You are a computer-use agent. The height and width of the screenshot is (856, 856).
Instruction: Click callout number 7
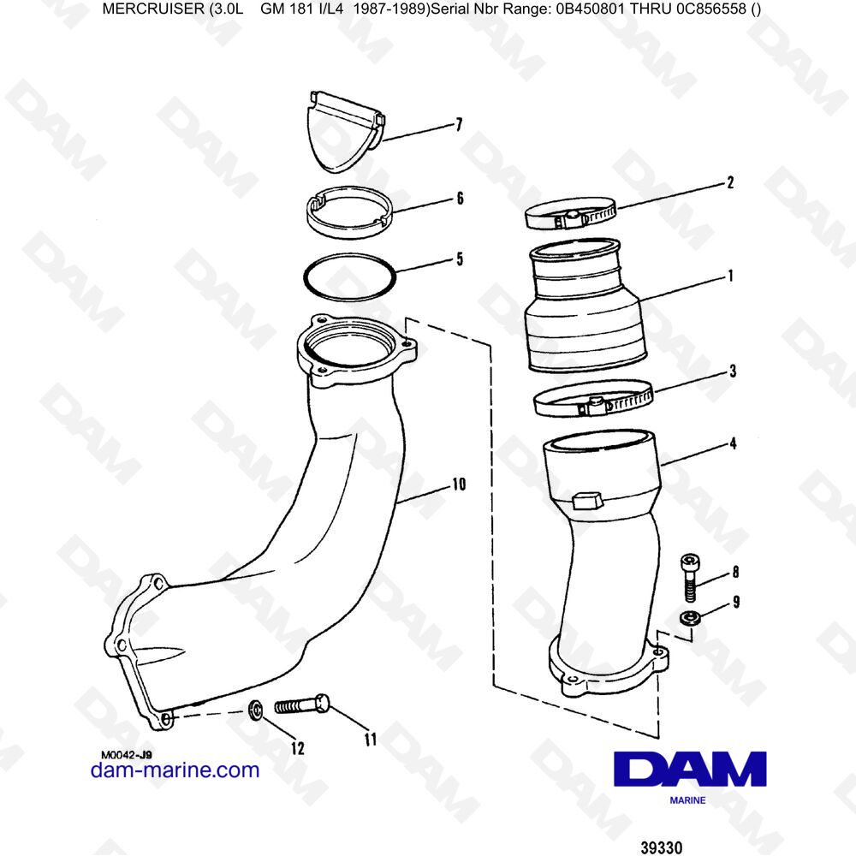[x=459, y=126]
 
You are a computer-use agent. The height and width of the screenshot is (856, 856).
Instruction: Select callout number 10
[x=458, y=484]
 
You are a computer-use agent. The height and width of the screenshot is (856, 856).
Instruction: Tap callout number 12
[x=297, y=748]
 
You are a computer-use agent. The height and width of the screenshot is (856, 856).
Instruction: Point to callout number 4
[x=733, y=444]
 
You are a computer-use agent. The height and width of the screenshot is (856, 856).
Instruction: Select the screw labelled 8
[x=691, y=577]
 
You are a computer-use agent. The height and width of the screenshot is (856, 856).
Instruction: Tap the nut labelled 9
[x=687, y=619]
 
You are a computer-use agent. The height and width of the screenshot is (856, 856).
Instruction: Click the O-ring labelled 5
[x=349, y=276]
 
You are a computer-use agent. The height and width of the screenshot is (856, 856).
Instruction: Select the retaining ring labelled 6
[x=349, y=214]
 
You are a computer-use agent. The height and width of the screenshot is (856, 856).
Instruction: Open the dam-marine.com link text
[x=175, y=770]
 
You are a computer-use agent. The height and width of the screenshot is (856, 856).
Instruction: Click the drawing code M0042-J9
[x=126, y=754]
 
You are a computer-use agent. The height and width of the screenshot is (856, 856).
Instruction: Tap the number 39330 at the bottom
[x=661, y=847]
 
